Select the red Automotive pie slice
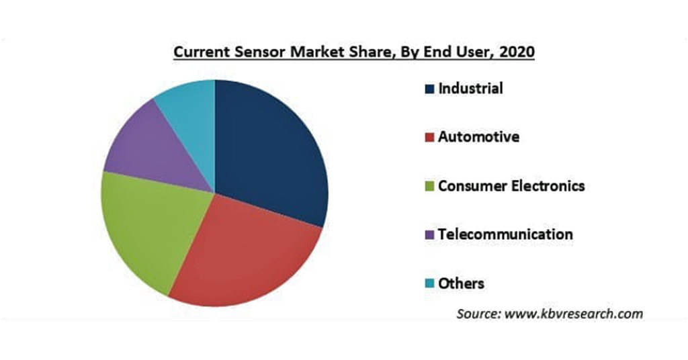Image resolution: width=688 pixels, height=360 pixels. pyautogui.click(x=246, y=255)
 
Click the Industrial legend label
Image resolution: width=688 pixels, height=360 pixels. pyautogui.click(x=470, y=89)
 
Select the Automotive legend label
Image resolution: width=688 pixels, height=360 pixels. pyautogui.click(x=478, y=137)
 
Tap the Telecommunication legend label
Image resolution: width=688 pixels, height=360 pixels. pyautogui.click(x=505, y=234)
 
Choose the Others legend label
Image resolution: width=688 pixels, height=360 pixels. pyautogui.click(x=461, y=283)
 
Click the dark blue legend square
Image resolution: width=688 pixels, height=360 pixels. pyautogui.click(x=429, y=89)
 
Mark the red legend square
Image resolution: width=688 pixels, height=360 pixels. pyautogui.click(x=429, y=137)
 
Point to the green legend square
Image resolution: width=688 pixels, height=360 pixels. pyautogui.click(x=429, y=186)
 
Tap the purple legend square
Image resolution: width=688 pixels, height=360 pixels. pyautogui.click(x=429, y=234)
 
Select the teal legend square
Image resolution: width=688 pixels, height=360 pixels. pyautogui.click(x=429, y=283)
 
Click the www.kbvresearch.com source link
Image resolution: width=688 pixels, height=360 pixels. pyautogui.click(x=574, y=314)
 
